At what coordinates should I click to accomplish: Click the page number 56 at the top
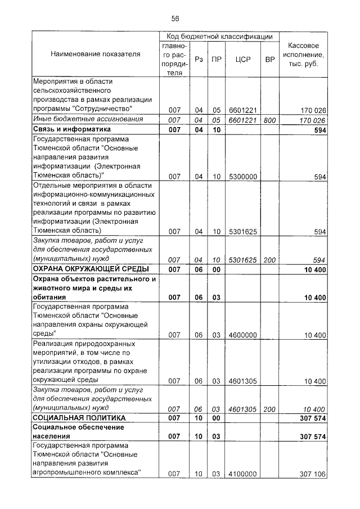click(175, 19)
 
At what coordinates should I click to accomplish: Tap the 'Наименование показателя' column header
click(95, 55)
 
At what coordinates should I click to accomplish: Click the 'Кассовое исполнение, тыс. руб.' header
click(304, 55)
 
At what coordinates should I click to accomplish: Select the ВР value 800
click(269, 120)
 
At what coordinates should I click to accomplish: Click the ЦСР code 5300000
click(243, 177)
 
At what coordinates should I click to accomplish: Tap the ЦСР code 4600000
click(243, 335)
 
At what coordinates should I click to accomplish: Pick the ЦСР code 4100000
click(243, 474)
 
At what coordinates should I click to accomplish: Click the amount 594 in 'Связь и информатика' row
click(320, 130)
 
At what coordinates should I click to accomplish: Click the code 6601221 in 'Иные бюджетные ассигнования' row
click(243, 120)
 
